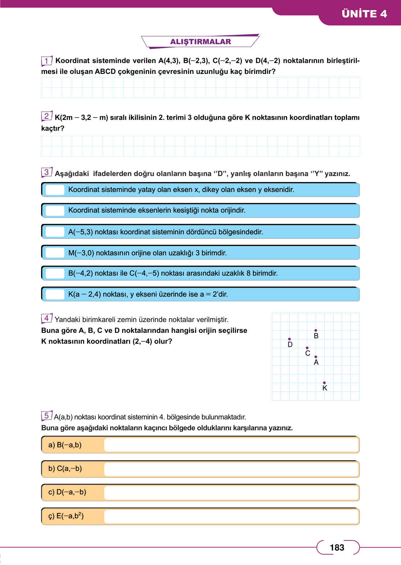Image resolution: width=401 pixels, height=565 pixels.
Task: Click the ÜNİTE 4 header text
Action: [364, 14]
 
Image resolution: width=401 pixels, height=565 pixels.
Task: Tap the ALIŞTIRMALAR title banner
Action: [200, 42]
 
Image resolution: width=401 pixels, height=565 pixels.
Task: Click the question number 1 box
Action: [46, 60]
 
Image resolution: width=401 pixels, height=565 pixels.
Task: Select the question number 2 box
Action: [46, 116]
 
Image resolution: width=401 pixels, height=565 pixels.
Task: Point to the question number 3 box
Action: [46, 172]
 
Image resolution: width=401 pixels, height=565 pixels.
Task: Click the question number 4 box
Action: [46, 318]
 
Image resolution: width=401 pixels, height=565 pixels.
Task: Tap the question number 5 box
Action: [46, 416]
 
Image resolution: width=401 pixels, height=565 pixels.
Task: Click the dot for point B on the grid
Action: [316, 330]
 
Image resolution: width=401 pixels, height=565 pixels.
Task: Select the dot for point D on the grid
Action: [289, 339]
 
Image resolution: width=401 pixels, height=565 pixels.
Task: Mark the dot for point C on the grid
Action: [307, 348]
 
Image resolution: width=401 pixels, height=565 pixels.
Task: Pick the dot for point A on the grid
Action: [316, 357]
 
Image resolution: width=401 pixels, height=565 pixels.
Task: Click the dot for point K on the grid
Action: [324, 382]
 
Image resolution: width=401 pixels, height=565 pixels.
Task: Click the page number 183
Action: [337, 548]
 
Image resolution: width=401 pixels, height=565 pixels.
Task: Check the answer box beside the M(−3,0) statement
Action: [55, 253]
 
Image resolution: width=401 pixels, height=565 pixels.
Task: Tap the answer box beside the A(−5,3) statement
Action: [55, 232]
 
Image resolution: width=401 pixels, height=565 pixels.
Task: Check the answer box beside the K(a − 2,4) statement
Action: [55, 294]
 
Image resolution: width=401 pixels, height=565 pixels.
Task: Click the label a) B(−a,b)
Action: [65, 445]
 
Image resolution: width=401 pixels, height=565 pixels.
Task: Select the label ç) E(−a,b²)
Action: [66, 516]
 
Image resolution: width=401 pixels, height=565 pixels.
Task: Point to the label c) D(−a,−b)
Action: [67, 492]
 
